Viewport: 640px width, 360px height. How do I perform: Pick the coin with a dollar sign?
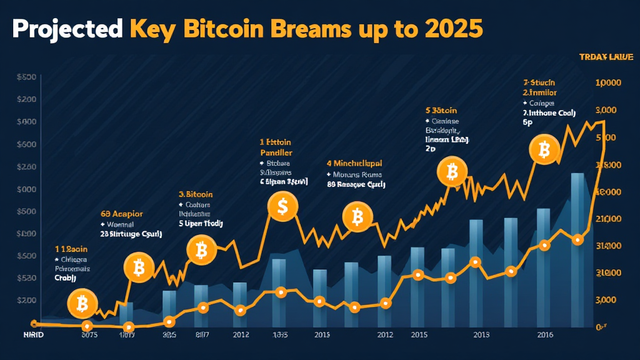pyautogui.click(x=282, y=206)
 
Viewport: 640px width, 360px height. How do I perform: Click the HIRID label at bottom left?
pyautogui.click(x=26, y=335)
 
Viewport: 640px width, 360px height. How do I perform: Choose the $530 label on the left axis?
pyautogui.click(x=25, y=278)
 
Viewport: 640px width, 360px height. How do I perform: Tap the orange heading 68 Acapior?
pyautogui.click(x=121, y=214)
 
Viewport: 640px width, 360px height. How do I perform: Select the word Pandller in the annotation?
pyautogui.click(x=276, y=152)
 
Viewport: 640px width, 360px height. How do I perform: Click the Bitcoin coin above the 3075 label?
pyautogui.click(x=82, y=304)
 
